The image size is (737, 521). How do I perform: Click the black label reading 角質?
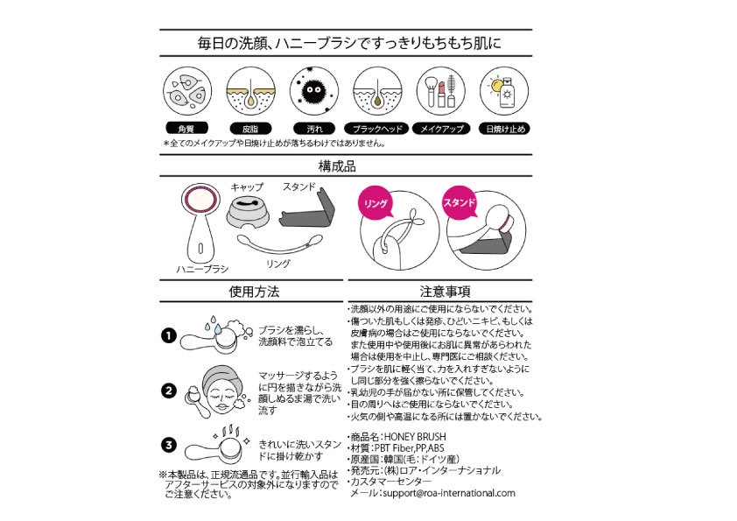click(188, 129)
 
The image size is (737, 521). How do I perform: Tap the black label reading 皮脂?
click(251, 129)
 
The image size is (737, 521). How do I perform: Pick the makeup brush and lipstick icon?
click(440, 92)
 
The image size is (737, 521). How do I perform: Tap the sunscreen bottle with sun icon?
click(503, 92)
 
